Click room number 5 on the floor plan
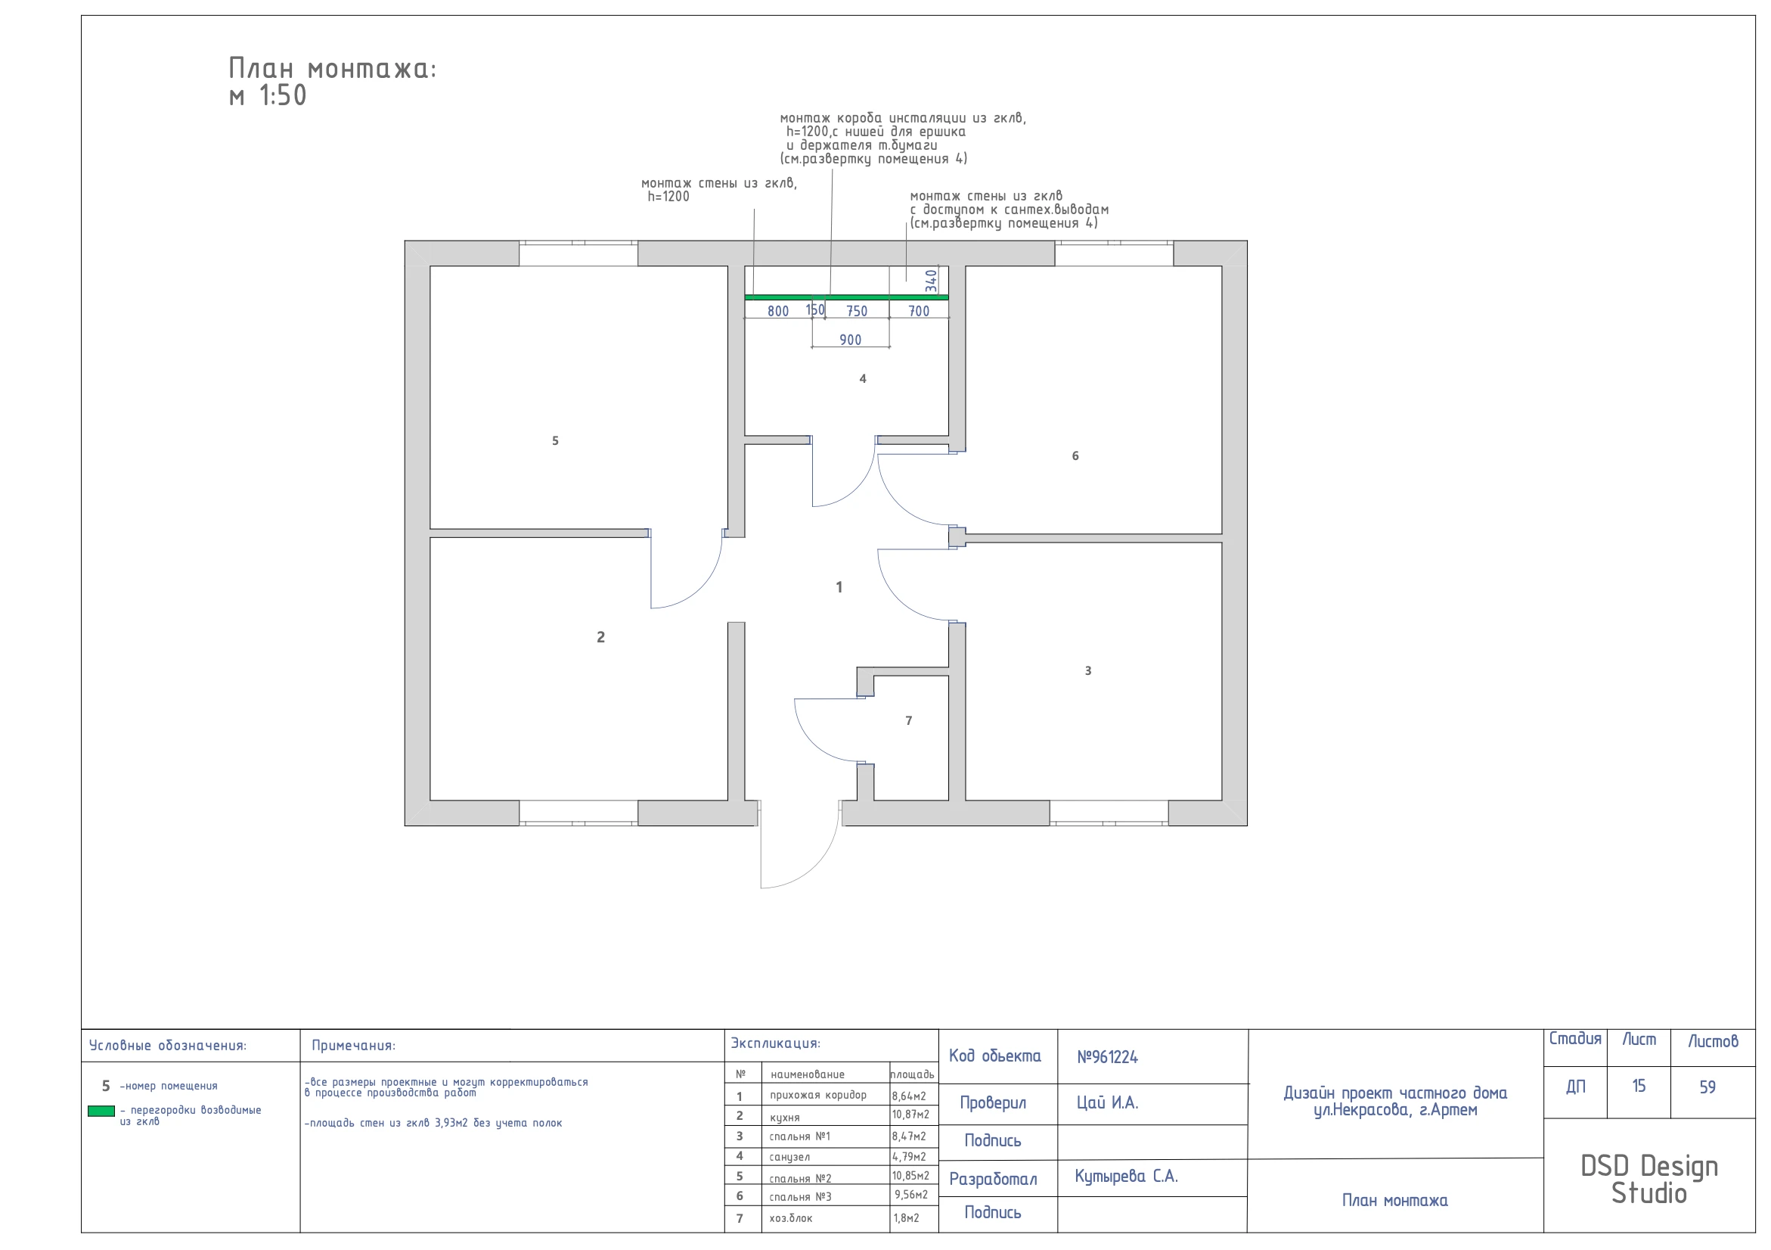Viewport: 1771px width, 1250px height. [554, 440]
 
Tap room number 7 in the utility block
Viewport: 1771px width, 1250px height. [909, 720]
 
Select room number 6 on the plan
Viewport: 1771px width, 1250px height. [1075, 456]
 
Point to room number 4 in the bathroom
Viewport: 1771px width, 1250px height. [862, 379]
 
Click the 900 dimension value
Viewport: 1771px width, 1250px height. [850, 340]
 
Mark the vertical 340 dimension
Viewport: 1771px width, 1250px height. [931, 281]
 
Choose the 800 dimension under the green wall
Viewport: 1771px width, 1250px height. [777, 312]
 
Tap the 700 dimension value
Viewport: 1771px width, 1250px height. [918, 312]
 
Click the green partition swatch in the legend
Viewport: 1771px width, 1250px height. [101, 1111]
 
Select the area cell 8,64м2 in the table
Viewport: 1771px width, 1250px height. [909, 1096]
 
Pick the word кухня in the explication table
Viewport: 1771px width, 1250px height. [784, 1118]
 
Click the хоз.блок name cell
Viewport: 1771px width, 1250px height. [791, 1218]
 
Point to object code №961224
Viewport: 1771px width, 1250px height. [1107, 1057]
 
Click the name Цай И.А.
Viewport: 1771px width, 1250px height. [1107, 1103]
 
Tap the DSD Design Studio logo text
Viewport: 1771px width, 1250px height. [1649, 1180]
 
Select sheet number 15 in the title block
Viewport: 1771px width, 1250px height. [1639, 1087]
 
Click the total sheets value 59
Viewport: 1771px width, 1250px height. [1707, 1087]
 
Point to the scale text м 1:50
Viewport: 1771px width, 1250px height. [268, 95]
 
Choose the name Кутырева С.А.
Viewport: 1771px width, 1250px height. [1126, 1177]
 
